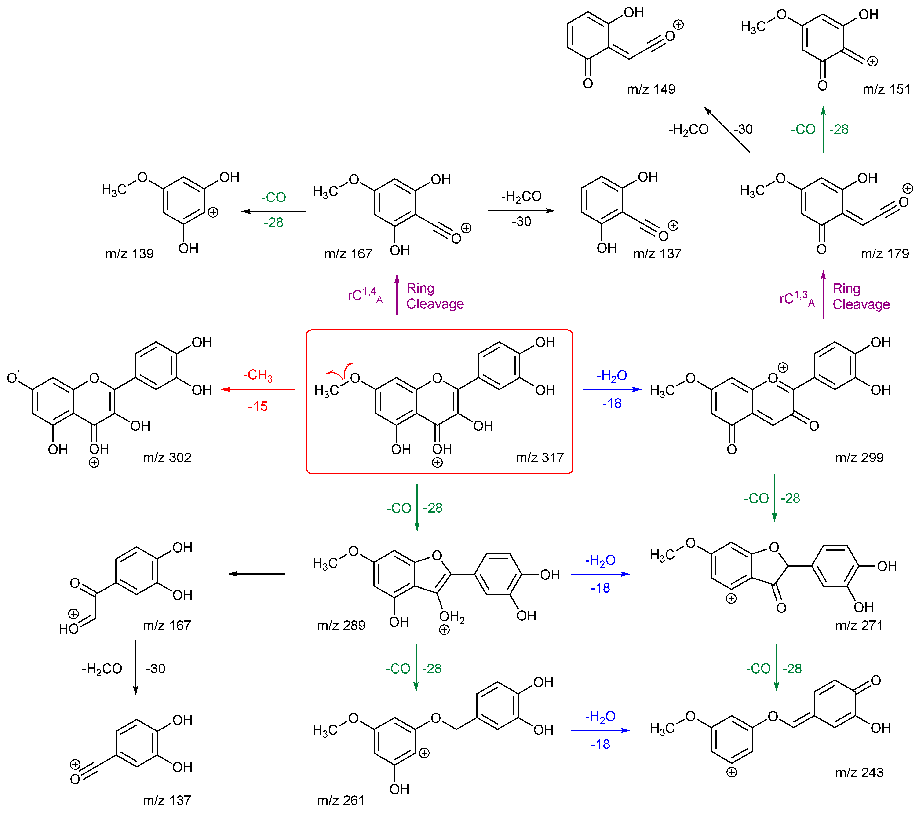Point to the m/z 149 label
pyautogui.click(x=651, y=89)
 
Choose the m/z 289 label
pyautogui.click(x=341, y=625)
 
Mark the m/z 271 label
pyautogui.click(x=859, y=625)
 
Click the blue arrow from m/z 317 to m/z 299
pyautogui.click(x=612, y=389)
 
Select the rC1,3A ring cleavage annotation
pyautogui.click(x=797, y=298)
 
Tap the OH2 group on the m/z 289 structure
pyautogui.click(x=451, y=617)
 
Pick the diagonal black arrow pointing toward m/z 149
pyautogui.click(x=727, y=129)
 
